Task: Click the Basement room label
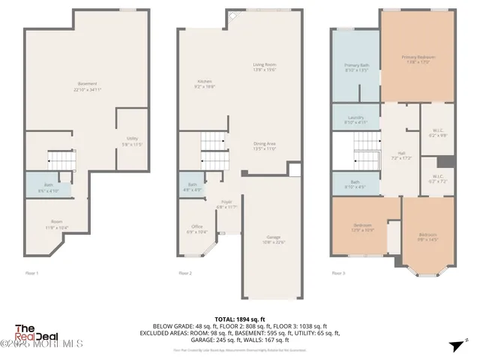(87, 85)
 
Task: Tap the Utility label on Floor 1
(132, 140)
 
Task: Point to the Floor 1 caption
(32, 273)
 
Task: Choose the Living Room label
(264, 67)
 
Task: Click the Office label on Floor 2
(196, 229)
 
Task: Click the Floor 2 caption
(184, 273)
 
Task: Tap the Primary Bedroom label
(418, 59)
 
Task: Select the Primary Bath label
(356, 67)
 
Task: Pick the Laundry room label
(355, 119)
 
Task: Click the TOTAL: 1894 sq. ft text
(240, 319)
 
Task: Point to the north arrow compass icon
(454, 345)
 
